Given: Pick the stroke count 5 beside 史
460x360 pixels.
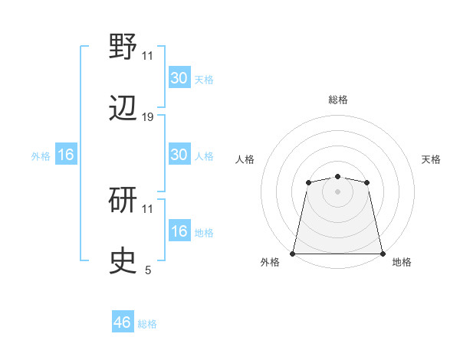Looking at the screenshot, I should (x=148, y=270).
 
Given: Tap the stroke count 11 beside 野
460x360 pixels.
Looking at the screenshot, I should (x=148, y=55).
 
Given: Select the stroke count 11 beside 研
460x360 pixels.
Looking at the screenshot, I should (x=148, y=208).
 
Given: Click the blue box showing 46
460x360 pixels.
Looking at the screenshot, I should (x=123, y=322).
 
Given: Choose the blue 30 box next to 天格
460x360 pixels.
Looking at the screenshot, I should (x=179, y=78).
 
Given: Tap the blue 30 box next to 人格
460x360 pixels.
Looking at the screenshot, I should (x=179, y=155).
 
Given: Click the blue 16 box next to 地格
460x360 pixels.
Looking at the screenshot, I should (x=179, y=231).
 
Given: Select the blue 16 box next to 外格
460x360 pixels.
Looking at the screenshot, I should (x=66, y=155).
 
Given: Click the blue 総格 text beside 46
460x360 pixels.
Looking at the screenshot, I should (x=147, y=324).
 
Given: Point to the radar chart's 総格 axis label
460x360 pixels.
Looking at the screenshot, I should (x=337, y=100).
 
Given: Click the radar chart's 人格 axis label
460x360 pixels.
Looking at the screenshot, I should (x=245, y=159).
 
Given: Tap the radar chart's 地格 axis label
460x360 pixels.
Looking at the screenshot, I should (x=402, y=262).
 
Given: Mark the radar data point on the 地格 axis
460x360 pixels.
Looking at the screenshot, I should (x=382, y=253).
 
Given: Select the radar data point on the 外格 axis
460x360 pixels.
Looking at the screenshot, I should (x=293, y=253).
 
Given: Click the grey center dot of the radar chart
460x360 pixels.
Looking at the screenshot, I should (x=337, y=191).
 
